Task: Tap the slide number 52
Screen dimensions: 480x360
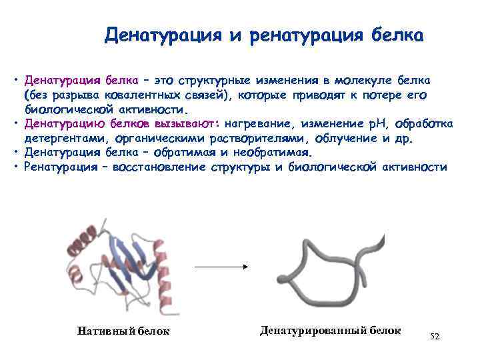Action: pyautogui.click(x=435, y=336)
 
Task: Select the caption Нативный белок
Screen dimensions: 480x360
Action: pyautogui.click(x=123, y=331)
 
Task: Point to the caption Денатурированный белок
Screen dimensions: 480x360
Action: pyautogui.click(x=330, y=330)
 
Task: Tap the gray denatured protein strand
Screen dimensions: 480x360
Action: pyautogui.click(x=330, y=267)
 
